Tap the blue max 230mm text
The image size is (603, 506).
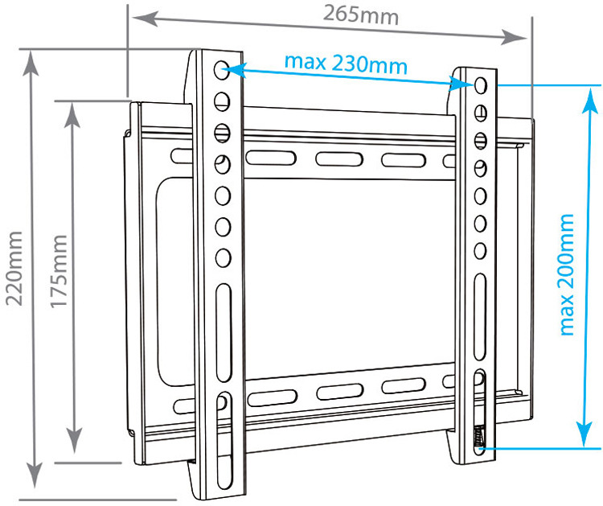point(346,63)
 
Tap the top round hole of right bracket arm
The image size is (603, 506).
point(480,84)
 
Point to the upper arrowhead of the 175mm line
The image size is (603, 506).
point(74,113)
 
